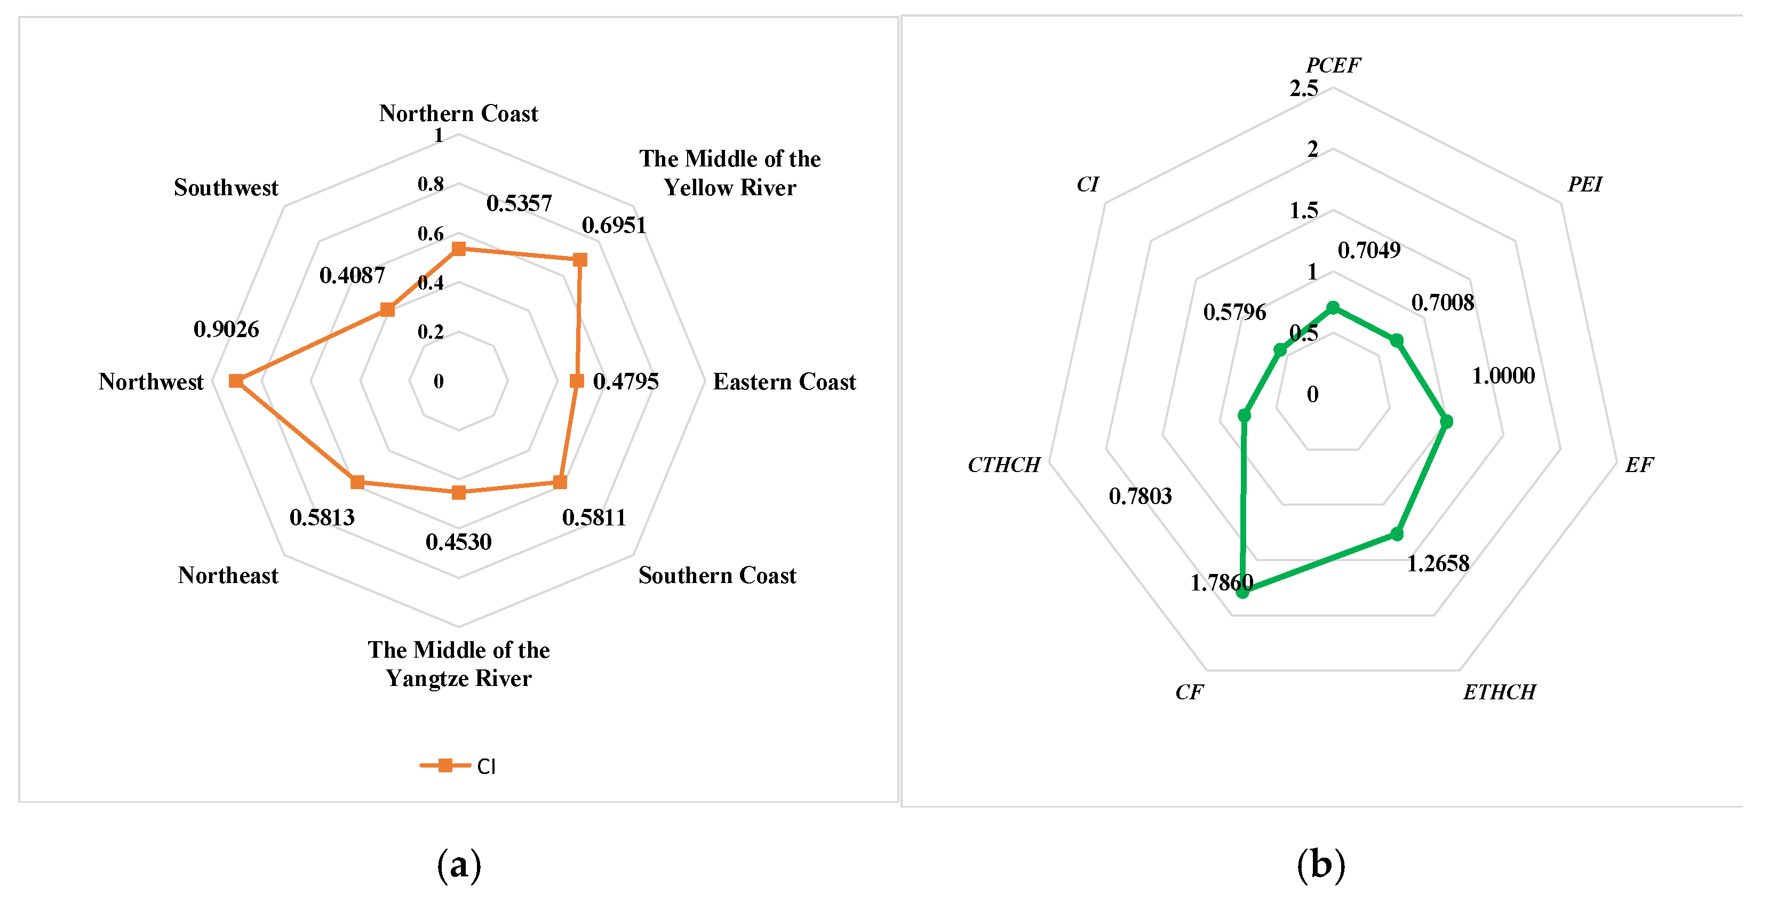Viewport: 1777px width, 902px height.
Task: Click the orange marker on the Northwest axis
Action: (x=236, y=381)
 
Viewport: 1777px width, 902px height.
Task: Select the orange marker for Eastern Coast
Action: (x=577, y=381)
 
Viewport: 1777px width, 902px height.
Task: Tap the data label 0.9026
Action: (x=226, y=330)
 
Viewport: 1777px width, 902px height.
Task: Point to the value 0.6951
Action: (x=614, y=226)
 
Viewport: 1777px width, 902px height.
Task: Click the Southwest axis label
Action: (x=226, y=188)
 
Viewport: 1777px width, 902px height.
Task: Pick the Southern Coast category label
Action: (x=717, y=575)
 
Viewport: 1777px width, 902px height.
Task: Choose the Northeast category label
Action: (x=228, y=575)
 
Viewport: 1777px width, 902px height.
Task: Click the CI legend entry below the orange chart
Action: (x=459, y=765)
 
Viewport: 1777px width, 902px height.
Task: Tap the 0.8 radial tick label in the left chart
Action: (x=431, y=184)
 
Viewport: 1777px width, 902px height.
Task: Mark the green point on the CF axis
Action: (x=1242, y=591)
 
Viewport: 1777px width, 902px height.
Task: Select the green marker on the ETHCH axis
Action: (x=1397, y=534)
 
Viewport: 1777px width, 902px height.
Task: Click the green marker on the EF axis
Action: (x=1447, y=421)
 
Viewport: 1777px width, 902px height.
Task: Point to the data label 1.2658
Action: (x=1438, y=563)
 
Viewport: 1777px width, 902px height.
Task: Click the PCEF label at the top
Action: (x=1333, y=66)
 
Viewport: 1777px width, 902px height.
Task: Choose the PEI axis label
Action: (x=1584, y=185)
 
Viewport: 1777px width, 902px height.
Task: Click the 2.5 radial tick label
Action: (x=1304, y=88)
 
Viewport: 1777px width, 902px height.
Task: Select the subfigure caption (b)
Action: (x=1321, y=864)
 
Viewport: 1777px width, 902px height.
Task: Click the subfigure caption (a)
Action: (x=459, y=864)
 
